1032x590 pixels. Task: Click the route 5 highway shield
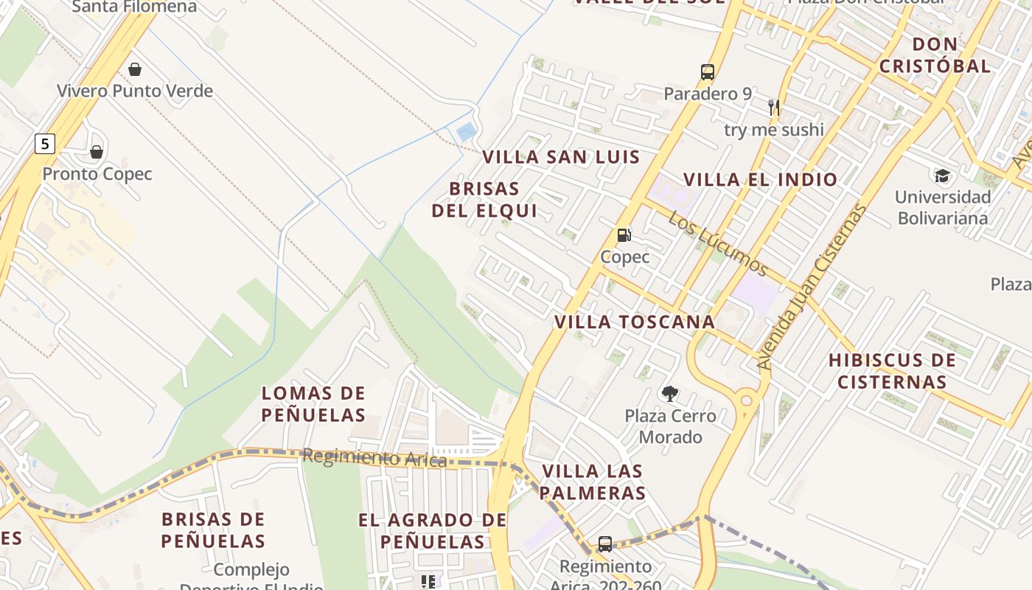(45, 144)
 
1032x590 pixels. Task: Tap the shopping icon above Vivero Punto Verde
(134, 69)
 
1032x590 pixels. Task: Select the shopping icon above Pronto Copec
(97, 152)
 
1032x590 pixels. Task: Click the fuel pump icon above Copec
(624, 235)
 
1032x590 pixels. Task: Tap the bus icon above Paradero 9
(708, 72)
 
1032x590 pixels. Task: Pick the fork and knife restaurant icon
(773, 108)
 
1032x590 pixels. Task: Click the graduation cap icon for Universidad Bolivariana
(942, 176)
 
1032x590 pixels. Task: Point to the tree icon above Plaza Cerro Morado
(670, 394)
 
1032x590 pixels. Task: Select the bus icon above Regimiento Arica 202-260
(605, 544)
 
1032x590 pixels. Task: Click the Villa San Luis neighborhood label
(561, 157)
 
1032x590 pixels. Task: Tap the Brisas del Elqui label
(484, 200)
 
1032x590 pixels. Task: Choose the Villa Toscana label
(635, 322)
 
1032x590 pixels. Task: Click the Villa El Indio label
(761, 180)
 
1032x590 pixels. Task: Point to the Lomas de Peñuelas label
(313, 404)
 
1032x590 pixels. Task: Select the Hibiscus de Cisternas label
(892, 371)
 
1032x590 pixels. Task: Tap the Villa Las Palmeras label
(593, 482)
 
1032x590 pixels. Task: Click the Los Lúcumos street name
(719, 244)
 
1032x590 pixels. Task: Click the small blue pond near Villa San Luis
(466, 133)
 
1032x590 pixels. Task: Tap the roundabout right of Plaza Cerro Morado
(747, 400)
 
